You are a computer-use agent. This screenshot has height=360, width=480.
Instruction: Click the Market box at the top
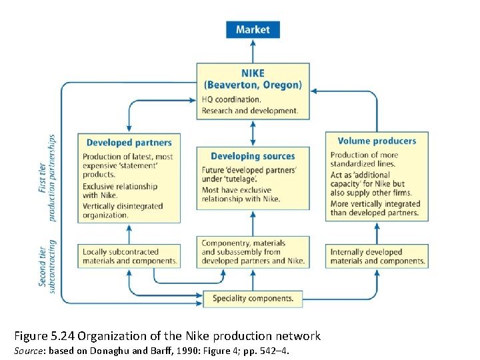pyautogui.click(x=253, y=29)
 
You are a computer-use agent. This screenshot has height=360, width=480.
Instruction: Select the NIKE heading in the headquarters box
pyautogui.click(x=253, y=74)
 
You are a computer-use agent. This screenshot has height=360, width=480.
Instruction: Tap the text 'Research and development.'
pyautogui.click(x=250, y=110)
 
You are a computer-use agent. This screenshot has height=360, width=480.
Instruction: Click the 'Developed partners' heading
pyautogui.click(x=129, y=142)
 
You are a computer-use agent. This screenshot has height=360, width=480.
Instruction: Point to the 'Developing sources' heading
pyautogui.click(x=253, y=156)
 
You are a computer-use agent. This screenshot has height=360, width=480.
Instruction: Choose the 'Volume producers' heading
pyautogui.click(x=377, y=141)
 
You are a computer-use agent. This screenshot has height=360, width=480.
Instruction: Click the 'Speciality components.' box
pyautogui.click(x=253, y=299)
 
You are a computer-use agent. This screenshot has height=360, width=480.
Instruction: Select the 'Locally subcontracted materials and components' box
pyautogui.click(x=129, y=256)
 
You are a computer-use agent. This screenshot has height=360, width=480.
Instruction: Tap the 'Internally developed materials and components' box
pyautogui.click(x=377, y=256)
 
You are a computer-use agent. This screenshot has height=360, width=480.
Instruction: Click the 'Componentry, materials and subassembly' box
pyautogui.click(x=253, y=252)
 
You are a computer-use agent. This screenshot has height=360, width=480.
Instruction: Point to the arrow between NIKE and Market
pyautogui.click(x=253, y=51)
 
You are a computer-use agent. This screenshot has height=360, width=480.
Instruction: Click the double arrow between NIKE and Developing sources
pyautogui.click(x=253, y=133)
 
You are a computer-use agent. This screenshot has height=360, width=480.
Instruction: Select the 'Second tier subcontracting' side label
pyautogui.click(x=48, y=263)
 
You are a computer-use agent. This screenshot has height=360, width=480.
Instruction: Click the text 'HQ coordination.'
pyautogui.click(x=231, y=99)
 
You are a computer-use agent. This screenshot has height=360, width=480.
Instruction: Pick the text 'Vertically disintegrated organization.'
pyautogui.click(x=123, y=211)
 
